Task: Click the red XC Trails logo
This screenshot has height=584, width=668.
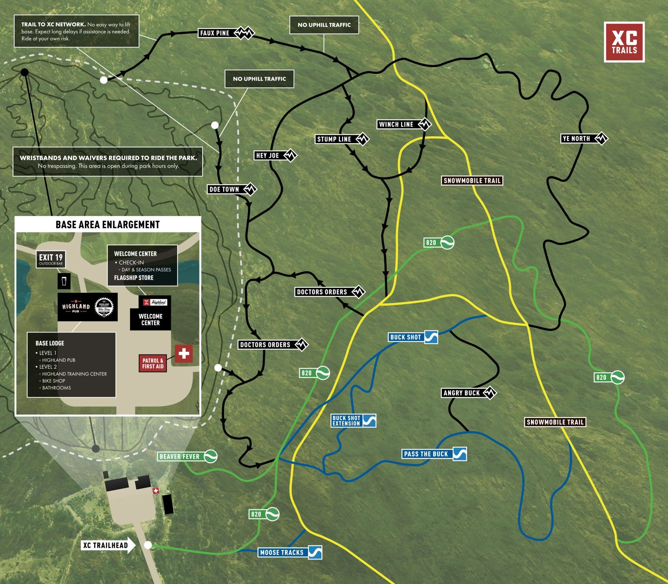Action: click(624, 42)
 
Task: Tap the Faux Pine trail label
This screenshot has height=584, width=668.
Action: click(215, 33)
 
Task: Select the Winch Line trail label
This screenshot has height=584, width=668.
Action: click(396, 124)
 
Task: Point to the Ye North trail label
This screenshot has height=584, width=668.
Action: click(576, 138)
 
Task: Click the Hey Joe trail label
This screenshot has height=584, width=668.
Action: click(268, 155)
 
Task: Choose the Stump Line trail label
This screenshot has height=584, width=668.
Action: click(334, 139)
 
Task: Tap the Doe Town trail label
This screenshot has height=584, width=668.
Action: click(224, 189)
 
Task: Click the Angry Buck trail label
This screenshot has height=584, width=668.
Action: click(461, 393)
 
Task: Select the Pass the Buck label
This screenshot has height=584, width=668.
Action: click(426, 454)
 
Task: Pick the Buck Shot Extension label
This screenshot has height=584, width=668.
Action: click(346, 420)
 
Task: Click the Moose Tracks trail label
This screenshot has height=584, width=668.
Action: click(282, 552)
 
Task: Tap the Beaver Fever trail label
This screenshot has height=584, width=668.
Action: click(179, 456)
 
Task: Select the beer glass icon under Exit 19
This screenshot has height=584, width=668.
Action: click(64, 281)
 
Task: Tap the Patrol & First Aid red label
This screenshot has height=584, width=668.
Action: click(153, 364)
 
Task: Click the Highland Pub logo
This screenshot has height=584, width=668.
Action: click(76, 307)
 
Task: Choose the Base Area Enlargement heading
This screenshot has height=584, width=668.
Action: click(108, 225)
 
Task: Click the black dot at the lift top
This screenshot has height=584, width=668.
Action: click(24, 72)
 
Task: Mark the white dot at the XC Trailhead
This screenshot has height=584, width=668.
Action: click(148, 545)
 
